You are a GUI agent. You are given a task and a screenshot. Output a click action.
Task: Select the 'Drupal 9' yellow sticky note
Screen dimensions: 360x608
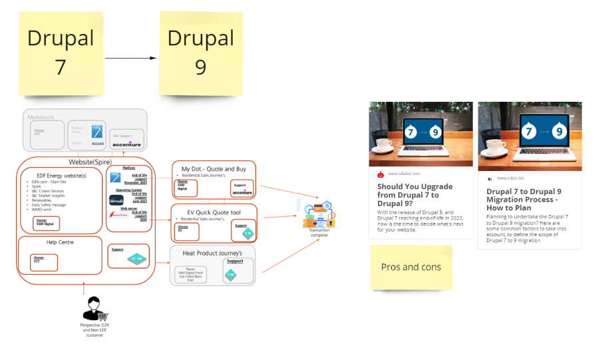[200, 52]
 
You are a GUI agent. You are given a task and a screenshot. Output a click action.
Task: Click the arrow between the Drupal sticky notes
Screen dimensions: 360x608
[130, 58]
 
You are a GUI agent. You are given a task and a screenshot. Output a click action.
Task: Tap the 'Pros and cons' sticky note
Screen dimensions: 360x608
[411, 268]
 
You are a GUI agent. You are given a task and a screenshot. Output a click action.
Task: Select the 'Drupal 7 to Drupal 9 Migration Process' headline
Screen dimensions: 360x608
[524, 200]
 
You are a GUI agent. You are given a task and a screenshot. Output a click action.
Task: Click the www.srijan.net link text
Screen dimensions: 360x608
[510, 178]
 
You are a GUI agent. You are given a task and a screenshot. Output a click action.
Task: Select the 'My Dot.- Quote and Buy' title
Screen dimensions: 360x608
[214, 170]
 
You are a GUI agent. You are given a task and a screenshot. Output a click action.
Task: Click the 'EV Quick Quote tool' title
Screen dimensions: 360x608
[214, 212]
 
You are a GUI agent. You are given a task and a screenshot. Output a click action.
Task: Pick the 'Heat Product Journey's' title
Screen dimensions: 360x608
[212, 253]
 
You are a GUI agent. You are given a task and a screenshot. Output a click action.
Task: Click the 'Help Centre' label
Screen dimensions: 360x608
[60, 242]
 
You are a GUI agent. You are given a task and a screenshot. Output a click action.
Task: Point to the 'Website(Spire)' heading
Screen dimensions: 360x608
[90, 162]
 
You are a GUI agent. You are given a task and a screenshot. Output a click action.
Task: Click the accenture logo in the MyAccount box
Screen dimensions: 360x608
[126, 144]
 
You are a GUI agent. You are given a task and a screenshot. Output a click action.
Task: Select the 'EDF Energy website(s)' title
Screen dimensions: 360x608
[61, 175]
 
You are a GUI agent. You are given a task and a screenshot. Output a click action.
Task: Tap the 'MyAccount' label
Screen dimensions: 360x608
[41, 117]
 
